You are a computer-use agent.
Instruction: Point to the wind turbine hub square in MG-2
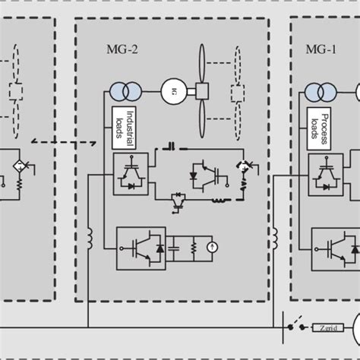[x=202, y=91]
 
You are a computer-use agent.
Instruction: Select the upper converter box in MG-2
[x=130, y=173]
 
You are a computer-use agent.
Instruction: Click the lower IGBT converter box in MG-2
[x=141, y=248]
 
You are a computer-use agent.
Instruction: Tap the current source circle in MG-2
[x=212, y=248]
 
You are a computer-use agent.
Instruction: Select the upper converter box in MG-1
[x=324, y=173]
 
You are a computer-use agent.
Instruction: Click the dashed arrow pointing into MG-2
[x=64, y=141]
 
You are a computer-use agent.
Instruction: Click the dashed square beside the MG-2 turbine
[x=238, y=93]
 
